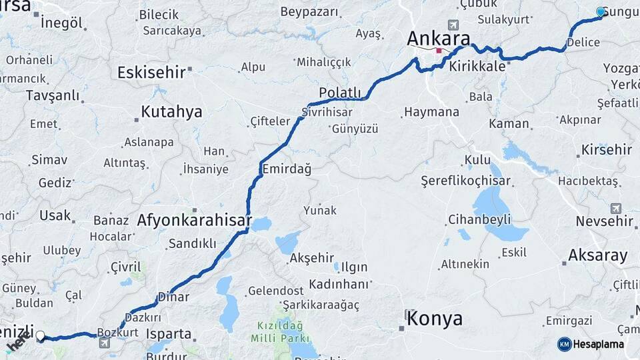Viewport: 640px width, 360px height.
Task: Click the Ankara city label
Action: pos(439,38)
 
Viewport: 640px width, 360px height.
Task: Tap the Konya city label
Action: pos(435,318)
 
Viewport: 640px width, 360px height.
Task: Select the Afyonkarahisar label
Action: pos(194,220)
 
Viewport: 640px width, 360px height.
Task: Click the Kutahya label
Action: pos(171,111)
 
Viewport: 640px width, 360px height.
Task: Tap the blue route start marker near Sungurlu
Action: pos(601,12)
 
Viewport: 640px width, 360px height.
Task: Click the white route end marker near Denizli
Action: pos(41,336)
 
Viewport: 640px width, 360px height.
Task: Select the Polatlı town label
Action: pos(340,93)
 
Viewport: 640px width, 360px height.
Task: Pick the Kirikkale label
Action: pos(477,67)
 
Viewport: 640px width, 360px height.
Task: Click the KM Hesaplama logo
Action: pos(591,344)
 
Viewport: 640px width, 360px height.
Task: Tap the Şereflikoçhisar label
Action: pos(465,181)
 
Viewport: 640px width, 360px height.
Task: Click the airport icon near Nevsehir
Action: pos(615,209)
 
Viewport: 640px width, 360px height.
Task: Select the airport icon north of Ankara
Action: pos(454,25)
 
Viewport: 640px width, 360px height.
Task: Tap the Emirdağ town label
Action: pos(287,169)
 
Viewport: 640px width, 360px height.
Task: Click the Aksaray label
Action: pos(597,255)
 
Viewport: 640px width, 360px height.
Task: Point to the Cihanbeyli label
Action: pos(479,219)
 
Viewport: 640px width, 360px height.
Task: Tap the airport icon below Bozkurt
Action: pos(104,343)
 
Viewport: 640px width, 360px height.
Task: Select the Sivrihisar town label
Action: pos(327,112)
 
